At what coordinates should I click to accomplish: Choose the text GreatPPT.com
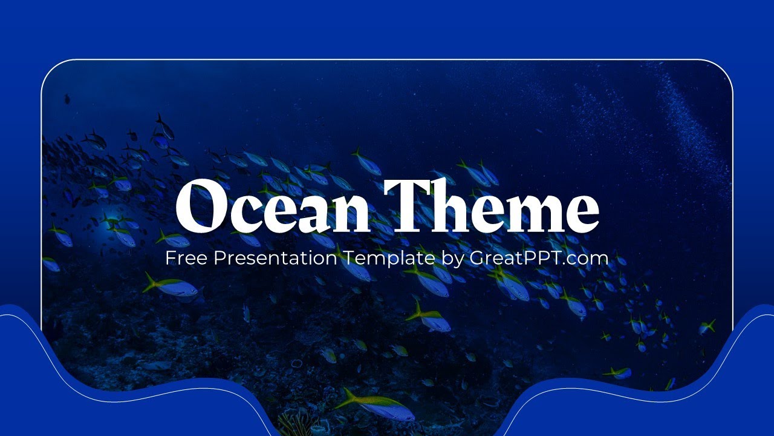tap(538, 259)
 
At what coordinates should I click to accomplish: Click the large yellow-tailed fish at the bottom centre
tap(378, 405)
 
